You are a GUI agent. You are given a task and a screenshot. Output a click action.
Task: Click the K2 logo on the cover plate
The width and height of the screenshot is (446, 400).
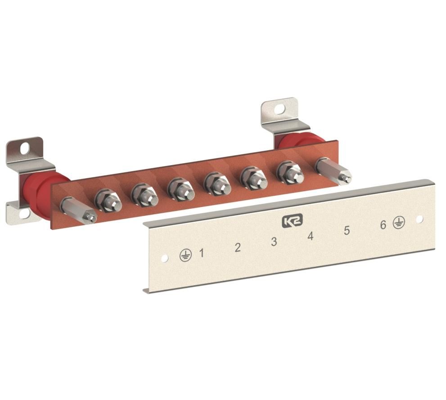(293, 220)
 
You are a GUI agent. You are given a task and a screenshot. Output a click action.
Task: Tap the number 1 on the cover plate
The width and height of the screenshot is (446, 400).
(202, 252)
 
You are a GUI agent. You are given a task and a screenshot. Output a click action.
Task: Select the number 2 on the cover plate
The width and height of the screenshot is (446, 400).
(238, 247)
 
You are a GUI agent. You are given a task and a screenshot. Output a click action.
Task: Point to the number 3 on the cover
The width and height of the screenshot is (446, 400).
(274, 241)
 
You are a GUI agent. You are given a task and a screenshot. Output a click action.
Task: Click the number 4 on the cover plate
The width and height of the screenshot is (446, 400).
(311, 236)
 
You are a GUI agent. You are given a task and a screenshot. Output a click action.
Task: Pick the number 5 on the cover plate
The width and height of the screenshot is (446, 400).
(347, 230)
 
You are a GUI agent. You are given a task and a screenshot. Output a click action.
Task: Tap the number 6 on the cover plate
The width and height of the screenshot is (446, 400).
(383, 225)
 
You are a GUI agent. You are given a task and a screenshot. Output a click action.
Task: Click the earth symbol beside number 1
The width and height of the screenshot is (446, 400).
(186, 255)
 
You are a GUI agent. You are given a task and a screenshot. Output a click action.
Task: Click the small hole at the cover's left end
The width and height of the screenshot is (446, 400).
(164, 258)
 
